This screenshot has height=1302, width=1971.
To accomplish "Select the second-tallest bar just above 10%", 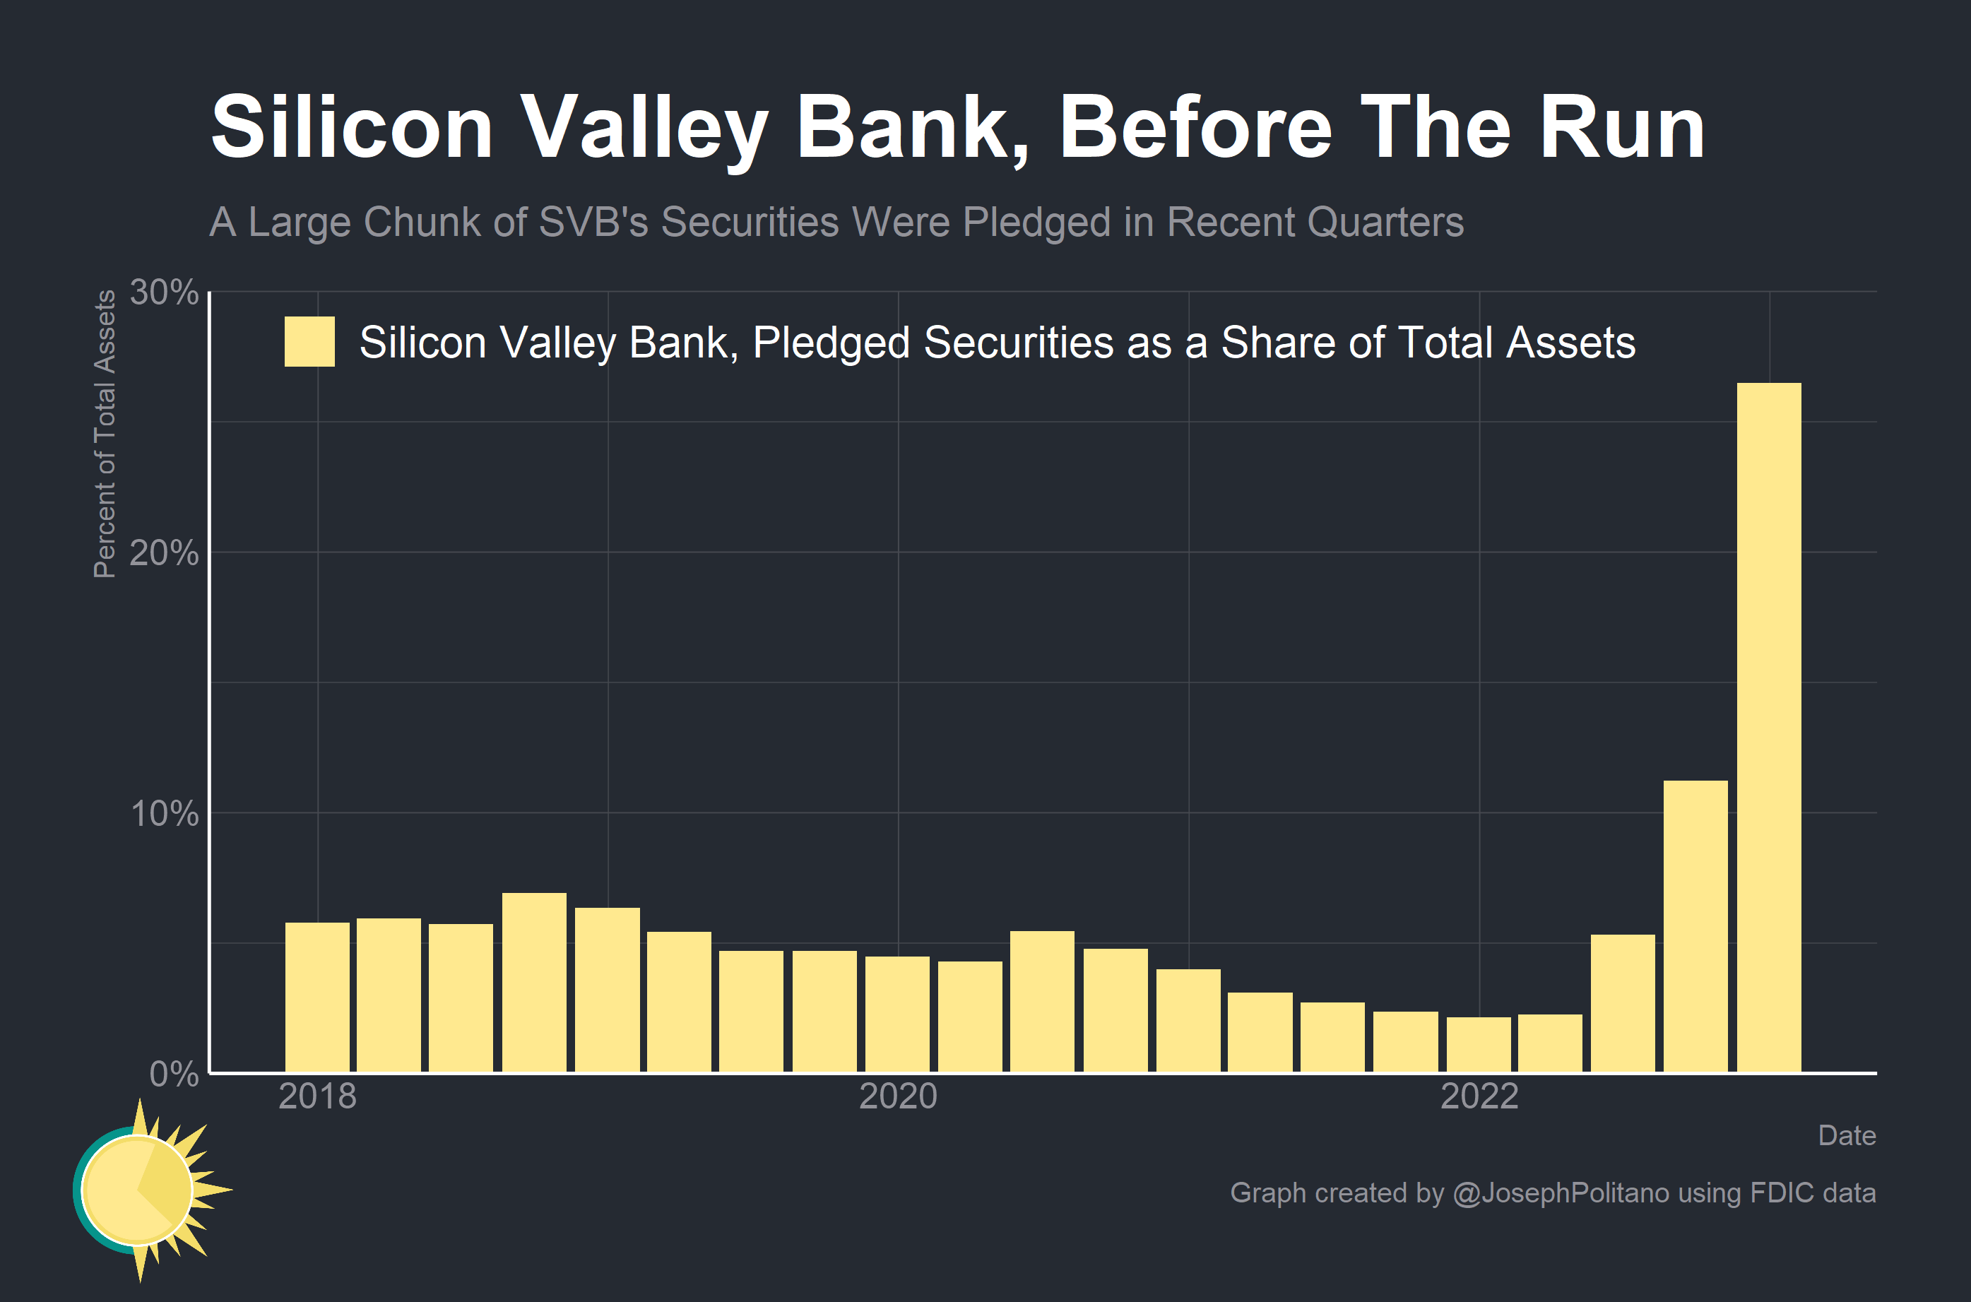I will [1695, 926].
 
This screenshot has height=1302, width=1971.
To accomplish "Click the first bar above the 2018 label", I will [317, 996].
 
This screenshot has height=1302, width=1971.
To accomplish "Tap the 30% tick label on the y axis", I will [165, 292].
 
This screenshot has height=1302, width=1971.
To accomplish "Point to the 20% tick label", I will [165, 553].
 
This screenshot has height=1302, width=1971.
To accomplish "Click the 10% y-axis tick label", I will [165, 814].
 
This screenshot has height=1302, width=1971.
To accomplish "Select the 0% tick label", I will [174, 1075].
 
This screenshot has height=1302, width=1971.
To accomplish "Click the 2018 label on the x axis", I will [317, 1097].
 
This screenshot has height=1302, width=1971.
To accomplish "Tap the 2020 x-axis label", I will [897, 1097].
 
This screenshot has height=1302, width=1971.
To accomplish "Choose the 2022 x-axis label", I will [1479, 1097].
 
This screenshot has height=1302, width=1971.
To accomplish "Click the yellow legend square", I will [309, 341].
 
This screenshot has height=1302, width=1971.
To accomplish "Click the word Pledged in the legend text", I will [830, 343].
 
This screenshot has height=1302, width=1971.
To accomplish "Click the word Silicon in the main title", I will [352, 127].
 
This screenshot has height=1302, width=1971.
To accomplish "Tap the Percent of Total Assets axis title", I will [104, 434].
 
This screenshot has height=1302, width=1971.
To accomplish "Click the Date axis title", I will [1846, 1135].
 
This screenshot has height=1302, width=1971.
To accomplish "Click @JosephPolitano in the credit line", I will [1560, 1192].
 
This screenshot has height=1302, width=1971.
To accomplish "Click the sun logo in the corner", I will [146, 1190].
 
